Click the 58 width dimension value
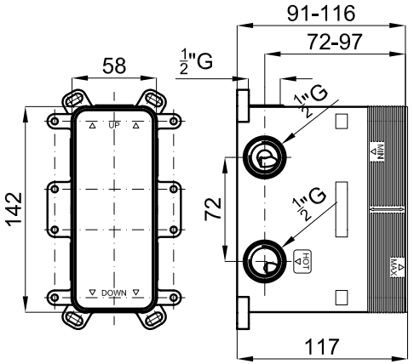[114, 65]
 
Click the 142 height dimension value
[14, 209]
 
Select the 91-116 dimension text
[321, 13]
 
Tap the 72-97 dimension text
[335, 42]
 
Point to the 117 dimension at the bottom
[322, 346]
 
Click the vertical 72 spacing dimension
[213, 208]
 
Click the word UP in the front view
[114, 125]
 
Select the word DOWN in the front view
[114, 293]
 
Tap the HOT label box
[302, 261]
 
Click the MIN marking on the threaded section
[377, 152]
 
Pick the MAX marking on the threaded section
[397, 267]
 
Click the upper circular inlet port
[265, 157]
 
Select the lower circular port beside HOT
[265, 261]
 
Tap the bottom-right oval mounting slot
[153, 319]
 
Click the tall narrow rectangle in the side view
[342, 209]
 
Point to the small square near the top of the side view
[342, 122]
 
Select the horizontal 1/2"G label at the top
[196, 62]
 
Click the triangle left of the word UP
[92, 125]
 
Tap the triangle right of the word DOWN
[136, 293]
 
